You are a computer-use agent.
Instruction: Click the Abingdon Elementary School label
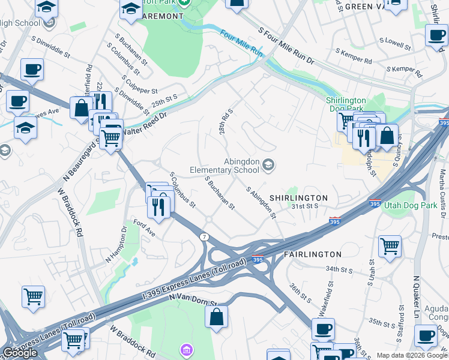tap(224, 166)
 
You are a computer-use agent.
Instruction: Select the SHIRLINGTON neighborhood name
tap(298, 198)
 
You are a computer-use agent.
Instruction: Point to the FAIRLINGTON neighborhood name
tap(313, 254)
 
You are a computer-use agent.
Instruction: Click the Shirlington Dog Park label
tap(346, 104)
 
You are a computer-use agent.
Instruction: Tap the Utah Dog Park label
tap(413, 205)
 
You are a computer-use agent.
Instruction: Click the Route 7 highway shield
tap(205, 237)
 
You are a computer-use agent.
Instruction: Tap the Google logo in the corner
tap(20, 353)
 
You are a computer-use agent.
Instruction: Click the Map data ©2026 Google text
tap(412, 355)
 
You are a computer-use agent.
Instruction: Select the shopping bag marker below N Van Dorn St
tap(216, 317)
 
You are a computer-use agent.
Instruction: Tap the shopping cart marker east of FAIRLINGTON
tap(390, 245)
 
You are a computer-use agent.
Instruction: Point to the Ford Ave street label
tap(144, 229)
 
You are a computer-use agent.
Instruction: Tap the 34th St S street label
tap(339, 270)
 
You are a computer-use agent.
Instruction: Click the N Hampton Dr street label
tap(116, 244)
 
